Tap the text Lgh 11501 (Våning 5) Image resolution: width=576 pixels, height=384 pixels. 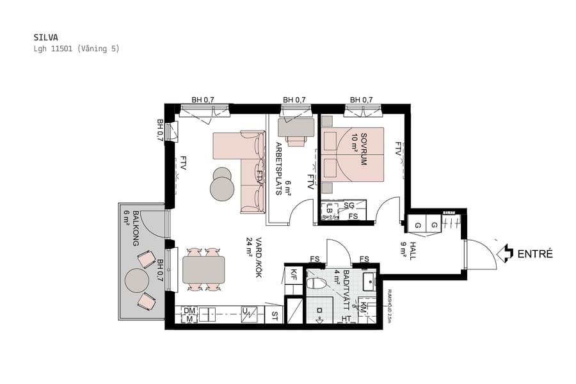pos(76,49)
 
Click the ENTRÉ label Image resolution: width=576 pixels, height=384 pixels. pos(535,254)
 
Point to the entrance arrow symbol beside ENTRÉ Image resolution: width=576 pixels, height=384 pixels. pos(506,253)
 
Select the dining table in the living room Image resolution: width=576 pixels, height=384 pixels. pos(204,269)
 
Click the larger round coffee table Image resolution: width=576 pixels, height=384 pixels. pos(223,189)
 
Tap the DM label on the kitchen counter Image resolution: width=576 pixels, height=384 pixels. pos(189,311)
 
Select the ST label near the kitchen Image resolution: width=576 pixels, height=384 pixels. pos(275,316)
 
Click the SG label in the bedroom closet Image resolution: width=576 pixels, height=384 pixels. pos(349,205)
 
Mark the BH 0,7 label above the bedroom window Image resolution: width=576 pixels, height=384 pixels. pos(361,100)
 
